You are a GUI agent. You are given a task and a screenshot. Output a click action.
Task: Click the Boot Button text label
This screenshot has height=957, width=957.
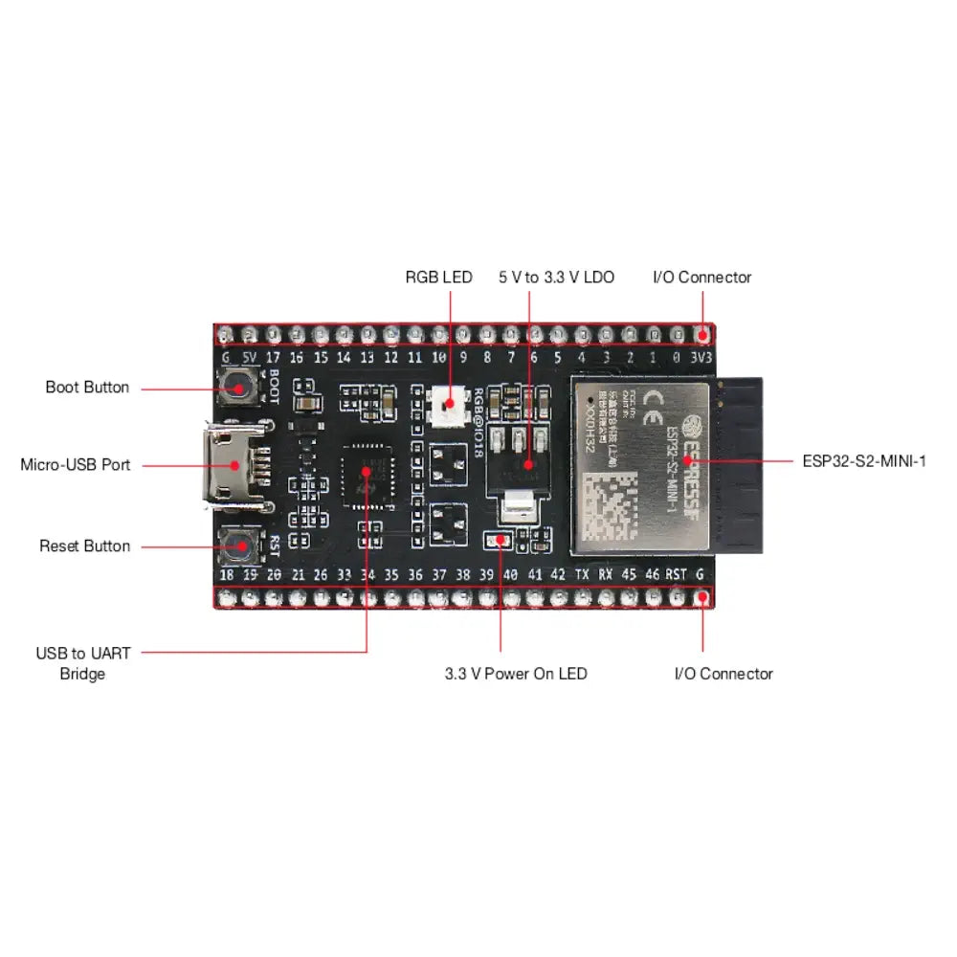[x=87, y=388]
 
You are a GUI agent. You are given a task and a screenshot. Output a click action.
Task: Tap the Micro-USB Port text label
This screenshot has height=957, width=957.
[x=76, y=465]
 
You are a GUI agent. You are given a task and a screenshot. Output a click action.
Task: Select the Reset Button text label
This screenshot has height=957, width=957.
[x=84, y=546]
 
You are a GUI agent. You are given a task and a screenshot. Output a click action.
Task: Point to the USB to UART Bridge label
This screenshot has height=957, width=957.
[x=83, y=663]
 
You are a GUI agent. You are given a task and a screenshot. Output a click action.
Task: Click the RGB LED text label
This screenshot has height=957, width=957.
[x=438, y=278]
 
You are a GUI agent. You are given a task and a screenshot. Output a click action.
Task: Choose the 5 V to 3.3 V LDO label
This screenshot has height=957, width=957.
[x=556, y=278]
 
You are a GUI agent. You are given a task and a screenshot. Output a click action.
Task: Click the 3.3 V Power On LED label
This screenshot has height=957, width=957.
[x=516, y=674]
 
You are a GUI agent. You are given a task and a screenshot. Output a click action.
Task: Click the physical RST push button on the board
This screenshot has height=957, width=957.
[x=238, y=545]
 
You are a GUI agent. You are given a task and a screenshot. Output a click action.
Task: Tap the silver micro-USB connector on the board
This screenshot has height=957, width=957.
[x=230, y=466]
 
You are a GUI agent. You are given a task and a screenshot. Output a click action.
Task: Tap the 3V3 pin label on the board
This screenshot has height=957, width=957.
[x=701, y=358]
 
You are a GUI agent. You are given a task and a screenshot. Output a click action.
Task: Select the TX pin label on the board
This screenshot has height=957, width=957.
[x=582, y=574]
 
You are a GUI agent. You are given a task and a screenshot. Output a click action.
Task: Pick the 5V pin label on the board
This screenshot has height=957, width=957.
[x=250, y=358]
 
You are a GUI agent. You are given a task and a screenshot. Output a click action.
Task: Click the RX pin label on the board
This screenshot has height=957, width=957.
[x=606, y=574]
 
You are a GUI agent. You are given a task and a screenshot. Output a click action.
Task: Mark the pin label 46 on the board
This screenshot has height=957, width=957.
[x=653, y=574]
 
